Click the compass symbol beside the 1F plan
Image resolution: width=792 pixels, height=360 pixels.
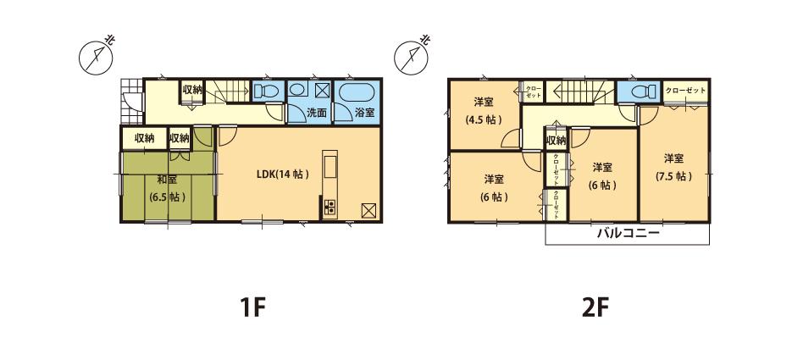point(96,56)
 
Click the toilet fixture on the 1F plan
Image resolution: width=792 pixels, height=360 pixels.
point(264,91)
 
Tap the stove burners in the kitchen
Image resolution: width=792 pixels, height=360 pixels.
point(329,206)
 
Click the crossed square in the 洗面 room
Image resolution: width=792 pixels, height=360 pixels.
point(322,91)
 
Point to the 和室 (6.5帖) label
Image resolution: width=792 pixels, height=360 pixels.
point(167,188)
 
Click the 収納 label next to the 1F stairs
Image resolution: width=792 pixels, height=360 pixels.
point(191,90)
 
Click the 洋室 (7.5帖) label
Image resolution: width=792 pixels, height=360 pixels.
point(674,167)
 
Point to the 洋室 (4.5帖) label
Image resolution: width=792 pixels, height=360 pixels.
point(484,111)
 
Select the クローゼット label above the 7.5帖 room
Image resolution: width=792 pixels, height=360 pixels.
point(684,90)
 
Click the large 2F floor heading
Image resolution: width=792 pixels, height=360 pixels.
point(595,306)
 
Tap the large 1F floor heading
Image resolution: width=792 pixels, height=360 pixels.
point(252,306)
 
